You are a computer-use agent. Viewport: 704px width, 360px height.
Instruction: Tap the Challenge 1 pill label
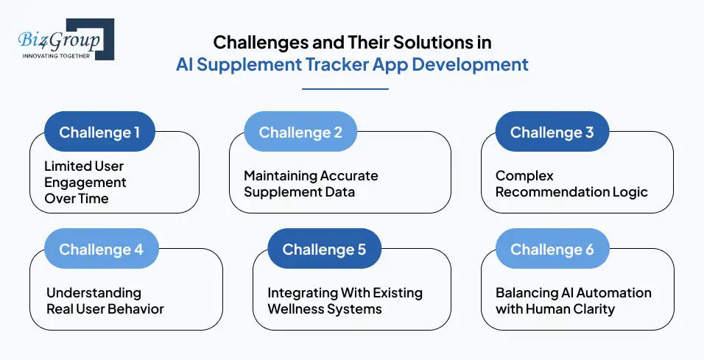pyautogui.click(x=99, y=133)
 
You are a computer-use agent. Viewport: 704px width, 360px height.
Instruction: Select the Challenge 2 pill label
pyautogui.click(x=300, y=133)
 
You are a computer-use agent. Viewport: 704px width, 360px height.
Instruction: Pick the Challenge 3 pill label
pyautogui.click(x=552, y=133)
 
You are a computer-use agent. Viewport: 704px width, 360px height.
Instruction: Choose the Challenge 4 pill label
pyautogui.click(x=101, y=250)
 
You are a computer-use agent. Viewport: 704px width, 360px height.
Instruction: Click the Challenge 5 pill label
pyautogui.click(x=324, y=250)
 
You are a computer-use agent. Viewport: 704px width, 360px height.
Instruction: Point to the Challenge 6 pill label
pyautogui.click(x=552, y=250)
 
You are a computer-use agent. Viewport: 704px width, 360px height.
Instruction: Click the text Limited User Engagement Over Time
pyautogui.click(x=85, y=182)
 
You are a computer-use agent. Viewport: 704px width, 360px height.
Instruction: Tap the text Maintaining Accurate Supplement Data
pyautogui.click(x=311, y=184)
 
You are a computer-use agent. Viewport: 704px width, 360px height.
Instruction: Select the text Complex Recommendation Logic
pyautogui.click(x=571, y=184)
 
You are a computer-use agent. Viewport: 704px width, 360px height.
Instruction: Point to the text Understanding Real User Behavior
pyautogui.click(x=105, y=300)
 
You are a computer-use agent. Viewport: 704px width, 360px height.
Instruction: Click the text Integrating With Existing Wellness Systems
pyautogui.click(x=345, y=300)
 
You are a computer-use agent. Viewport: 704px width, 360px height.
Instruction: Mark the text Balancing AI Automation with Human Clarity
pyautogui.click(x=573, y=300)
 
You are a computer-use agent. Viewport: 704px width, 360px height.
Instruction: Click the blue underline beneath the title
pyautogui.click(x=345, y=89)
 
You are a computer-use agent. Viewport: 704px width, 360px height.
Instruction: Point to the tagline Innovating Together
pyautogui.click(x=56, y=55)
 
